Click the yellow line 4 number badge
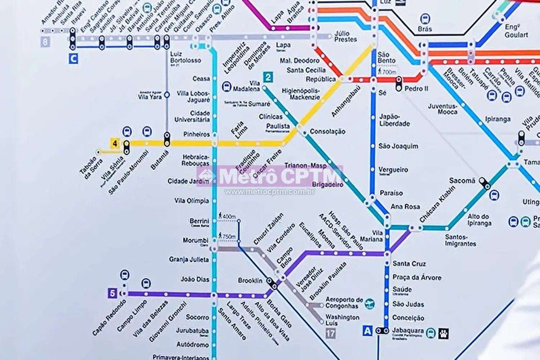(115, 143)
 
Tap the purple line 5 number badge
(112, 293)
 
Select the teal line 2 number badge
(268, 77)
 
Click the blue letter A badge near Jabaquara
(367, 330)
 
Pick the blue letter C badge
(73, 59)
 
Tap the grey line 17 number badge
(330, 333)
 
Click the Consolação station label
(328, 132)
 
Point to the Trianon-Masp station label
(305, 166)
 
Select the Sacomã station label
(462, 181)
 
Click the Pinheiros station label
(196, 134)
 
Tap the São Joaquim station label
(398, 146)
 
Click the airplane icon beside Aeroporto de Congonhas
(369, 303)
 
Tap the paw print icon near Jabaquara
(444, 333)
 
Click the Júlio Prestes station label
(345, 36)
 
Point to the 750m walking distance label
(229, 237)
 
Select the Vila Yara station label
(150, 96)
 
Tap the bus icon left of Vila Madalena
(226, 86)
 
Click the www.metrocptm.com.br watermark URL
(270, 192)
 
